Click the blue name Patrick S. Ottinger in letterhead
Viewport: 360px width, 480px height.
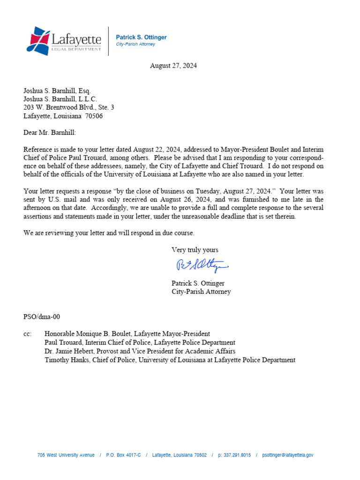point(141,37)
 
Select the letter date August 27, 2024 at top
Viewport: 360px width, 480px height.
point(173,66)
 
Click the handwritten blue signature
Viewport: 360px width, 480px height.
point(201,266)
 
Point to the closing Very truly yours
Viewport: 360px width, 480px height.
point(195,250)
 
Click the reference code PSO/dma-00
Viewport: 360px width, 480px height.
point(42,317)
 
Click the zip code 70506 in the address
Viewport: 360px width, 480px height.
point(93,116)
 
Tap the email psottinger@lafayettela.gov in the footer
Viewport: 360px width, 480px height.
point(287,455)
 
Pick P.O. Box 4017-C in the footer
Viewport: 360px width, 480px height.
point(123,455)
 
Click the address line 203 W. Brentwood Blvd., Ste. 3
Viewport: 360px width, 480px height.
point(68,107)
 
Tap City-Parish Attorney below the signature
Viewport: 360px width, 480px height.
point(201,292)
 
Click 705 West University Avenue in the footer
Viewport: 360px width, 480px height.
point(66,455)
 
